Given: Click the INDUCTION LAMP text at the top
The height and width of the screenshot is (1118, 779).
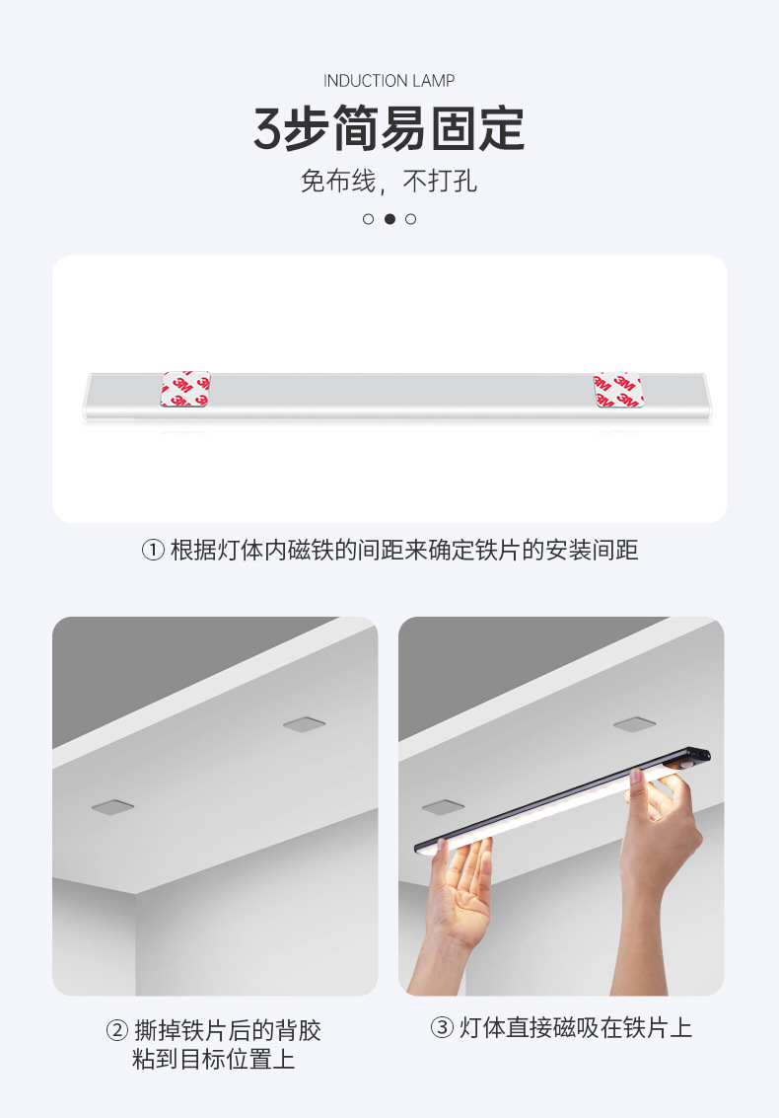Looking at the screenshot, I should (x=389, y=81).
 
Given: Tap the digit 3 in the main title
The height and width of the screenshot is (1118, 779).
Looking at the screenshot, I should (x=267, y=130).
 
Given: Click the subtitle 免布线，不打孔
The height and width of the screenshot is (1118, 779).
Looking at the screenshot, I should (x=389, y=182).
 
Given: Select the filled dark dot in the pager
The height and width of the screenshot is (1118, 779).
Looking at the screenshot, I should (x=389, y=219).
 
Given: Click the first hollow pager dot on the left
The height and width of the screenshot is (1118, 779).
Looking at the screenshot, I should (x=368, y=219).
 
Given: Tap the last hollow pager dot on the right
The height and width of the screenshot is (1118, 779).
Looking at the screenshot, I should (x=411, y=219).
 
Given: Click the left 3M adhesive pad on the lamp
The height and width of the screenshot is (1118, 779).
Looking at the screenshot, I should (x=185, y=389).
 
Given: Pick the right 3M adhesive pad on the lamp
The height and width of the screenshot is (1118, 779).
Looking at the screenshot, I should (x=617, y=390).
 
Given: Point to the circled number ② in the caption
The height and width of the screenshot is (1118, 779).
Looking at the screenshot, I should (x=116, y=1032).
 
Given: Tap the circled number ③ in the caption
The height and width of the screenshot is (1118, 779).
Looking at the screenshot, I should (x=441, y=1028).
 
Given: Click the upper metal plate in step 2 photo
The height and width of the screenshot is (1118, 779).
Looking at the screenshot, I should (x=305, y=724).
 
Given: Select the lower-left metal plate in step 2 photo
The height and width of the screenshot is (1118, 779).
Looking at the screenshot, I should (x=114, y=807).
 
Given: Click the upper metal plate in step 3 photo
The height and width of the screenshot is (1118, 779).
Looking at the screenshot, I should (x=635, y=724).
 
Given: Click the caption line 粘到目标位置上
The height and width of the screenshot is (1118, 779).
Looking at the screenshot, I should (x=214, y=1061).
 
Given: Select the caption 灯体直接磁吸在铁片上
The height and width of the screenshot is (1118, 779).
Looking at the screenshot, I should (x=575, y=1028).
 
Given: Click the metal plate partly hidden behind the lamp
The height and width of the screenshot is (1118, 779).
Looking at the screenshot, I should (x=443, y=807).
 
